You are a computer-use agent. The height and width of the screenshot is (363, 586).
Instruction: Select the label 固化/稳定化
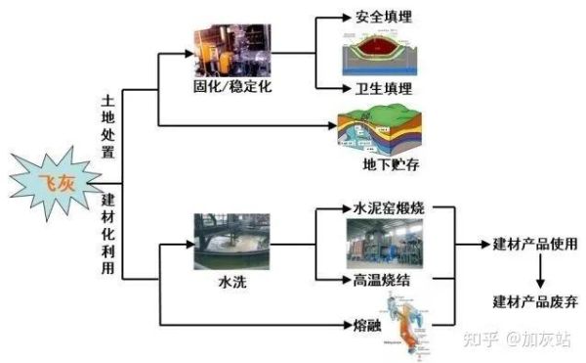pyautogui.click(x=230, y=87)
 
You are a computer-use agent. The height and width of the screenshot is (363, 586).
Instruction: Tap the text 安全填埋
pyautogui.click(x=375, y=18)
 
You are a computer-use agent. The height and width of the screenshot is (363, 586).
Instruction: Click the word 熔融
pyautogui.click(x=366, y=324)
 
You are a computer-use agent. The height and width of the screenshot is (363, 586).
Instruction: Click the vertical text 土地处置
pyautogui.click(x=108, y=126)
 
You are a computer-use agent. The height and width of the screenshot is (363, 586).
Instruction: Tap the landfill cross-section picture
pyautogui.click(x=376, y=54)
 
